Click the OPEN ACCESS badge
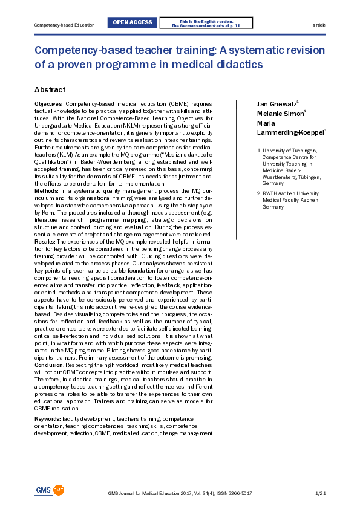(133, 23)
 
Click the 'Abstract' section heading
(50, 90)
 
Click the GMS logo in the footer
(49, 490)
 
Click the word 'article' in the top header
(318, 25)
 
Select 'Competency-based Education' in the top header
(65, 25)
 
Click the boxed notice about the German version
(206, 23)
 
